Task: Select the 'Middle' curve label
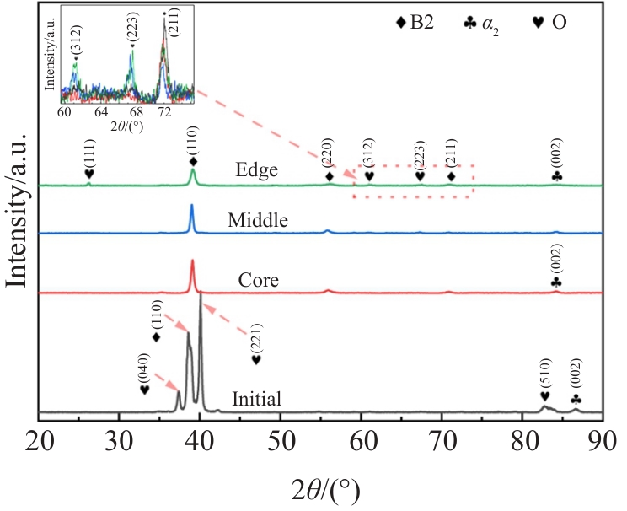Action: point(258,221)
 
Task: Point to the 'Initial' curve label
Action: point(257,399)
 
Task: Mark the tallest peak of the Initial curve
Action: point(201,294)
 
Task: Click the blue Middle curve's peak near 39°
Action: point(191,206)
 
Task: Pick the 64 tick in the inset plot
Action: point(99,110)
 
